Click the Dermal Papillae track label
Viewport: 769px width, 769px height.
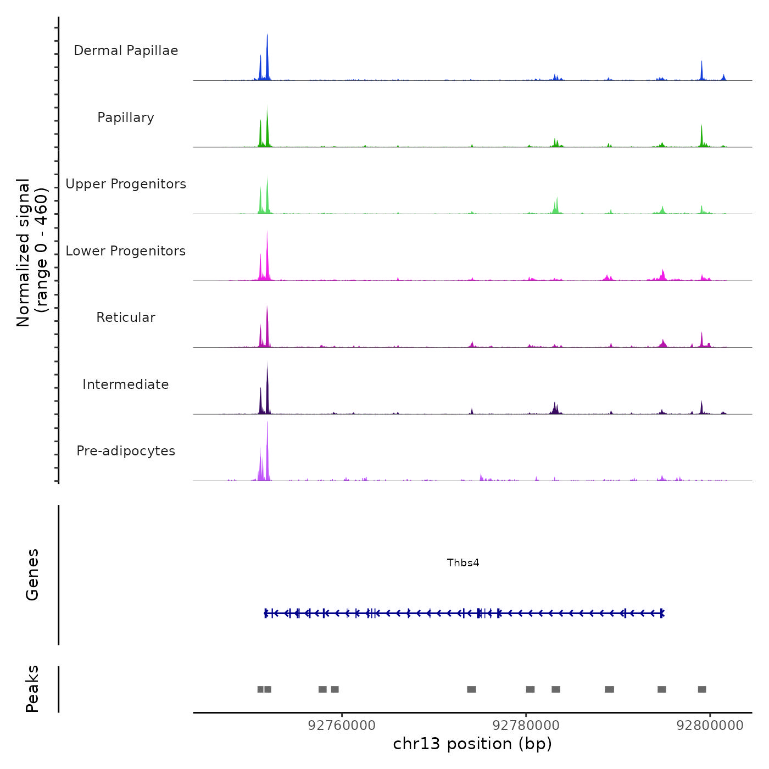[126, 51]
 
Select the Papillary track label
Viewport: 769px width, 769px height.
[126, 118]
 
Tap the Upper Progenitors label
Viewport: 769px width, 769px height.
[126, 184]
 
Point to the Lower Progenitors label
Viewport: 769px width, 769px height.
[126, 251]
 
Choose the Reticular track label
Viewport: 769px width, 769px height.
[126, 317]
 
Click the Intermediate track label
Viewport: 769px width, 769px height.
[126, 384]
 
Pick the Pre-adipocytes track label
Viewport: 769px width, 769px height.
[126, 451]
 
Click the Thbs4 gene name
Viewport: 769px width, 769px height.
[463, 562]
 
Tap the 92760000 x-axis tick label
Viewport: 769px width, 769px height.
[342, 725]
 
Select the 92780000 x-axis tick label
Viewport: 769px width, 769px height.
[526, 725]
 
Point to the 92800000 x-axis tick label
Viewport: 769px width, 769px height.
[710, 725]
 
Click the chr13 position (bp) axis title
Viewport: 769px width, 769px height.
[472, 744]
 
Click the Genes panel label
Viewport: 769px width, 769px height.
[32, 575]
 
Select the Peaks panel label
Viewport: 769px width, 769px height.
[32, 689]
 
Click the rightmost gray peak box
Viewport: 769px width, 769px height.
[702, 689]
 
